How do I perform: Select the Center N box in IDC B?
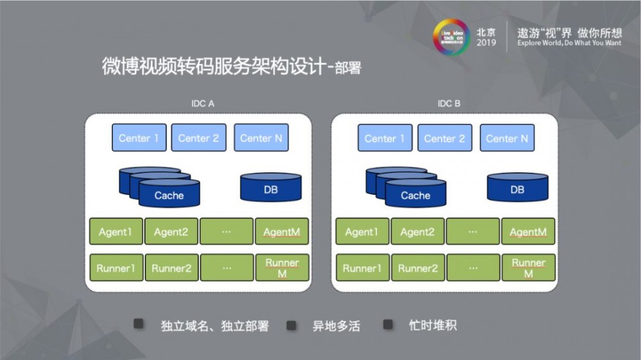tap(506, 138)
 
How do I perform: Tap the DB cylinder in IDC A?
tap(271, 188)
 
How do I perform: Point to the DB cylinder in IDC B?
tap(517, 188)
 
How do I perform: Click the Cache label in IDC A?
tap(169, 195)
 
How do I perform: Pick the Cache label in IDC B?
tap(415, 195)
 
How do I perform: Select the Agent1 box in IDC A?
tap(115, 232)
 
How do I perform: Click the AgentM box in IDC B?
tap(528, 232)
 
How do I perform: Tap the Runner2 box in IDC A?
tap(171, 268)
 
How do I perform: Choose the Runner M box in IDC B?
tap(528, 268)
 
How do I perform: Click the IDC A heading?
tap(202, 102)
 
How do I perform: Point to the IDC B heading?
tap(449, 102)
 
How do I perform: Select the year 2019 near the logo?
tap(486, 43)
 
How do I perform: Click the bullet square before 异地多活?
tap(291, 325)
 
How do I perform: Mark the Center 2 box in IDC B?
tap(444, 138)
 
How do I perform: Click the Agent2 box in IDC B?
tap(417, 232)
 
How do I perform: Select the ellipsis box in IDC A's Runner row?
tap(226, 268)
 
